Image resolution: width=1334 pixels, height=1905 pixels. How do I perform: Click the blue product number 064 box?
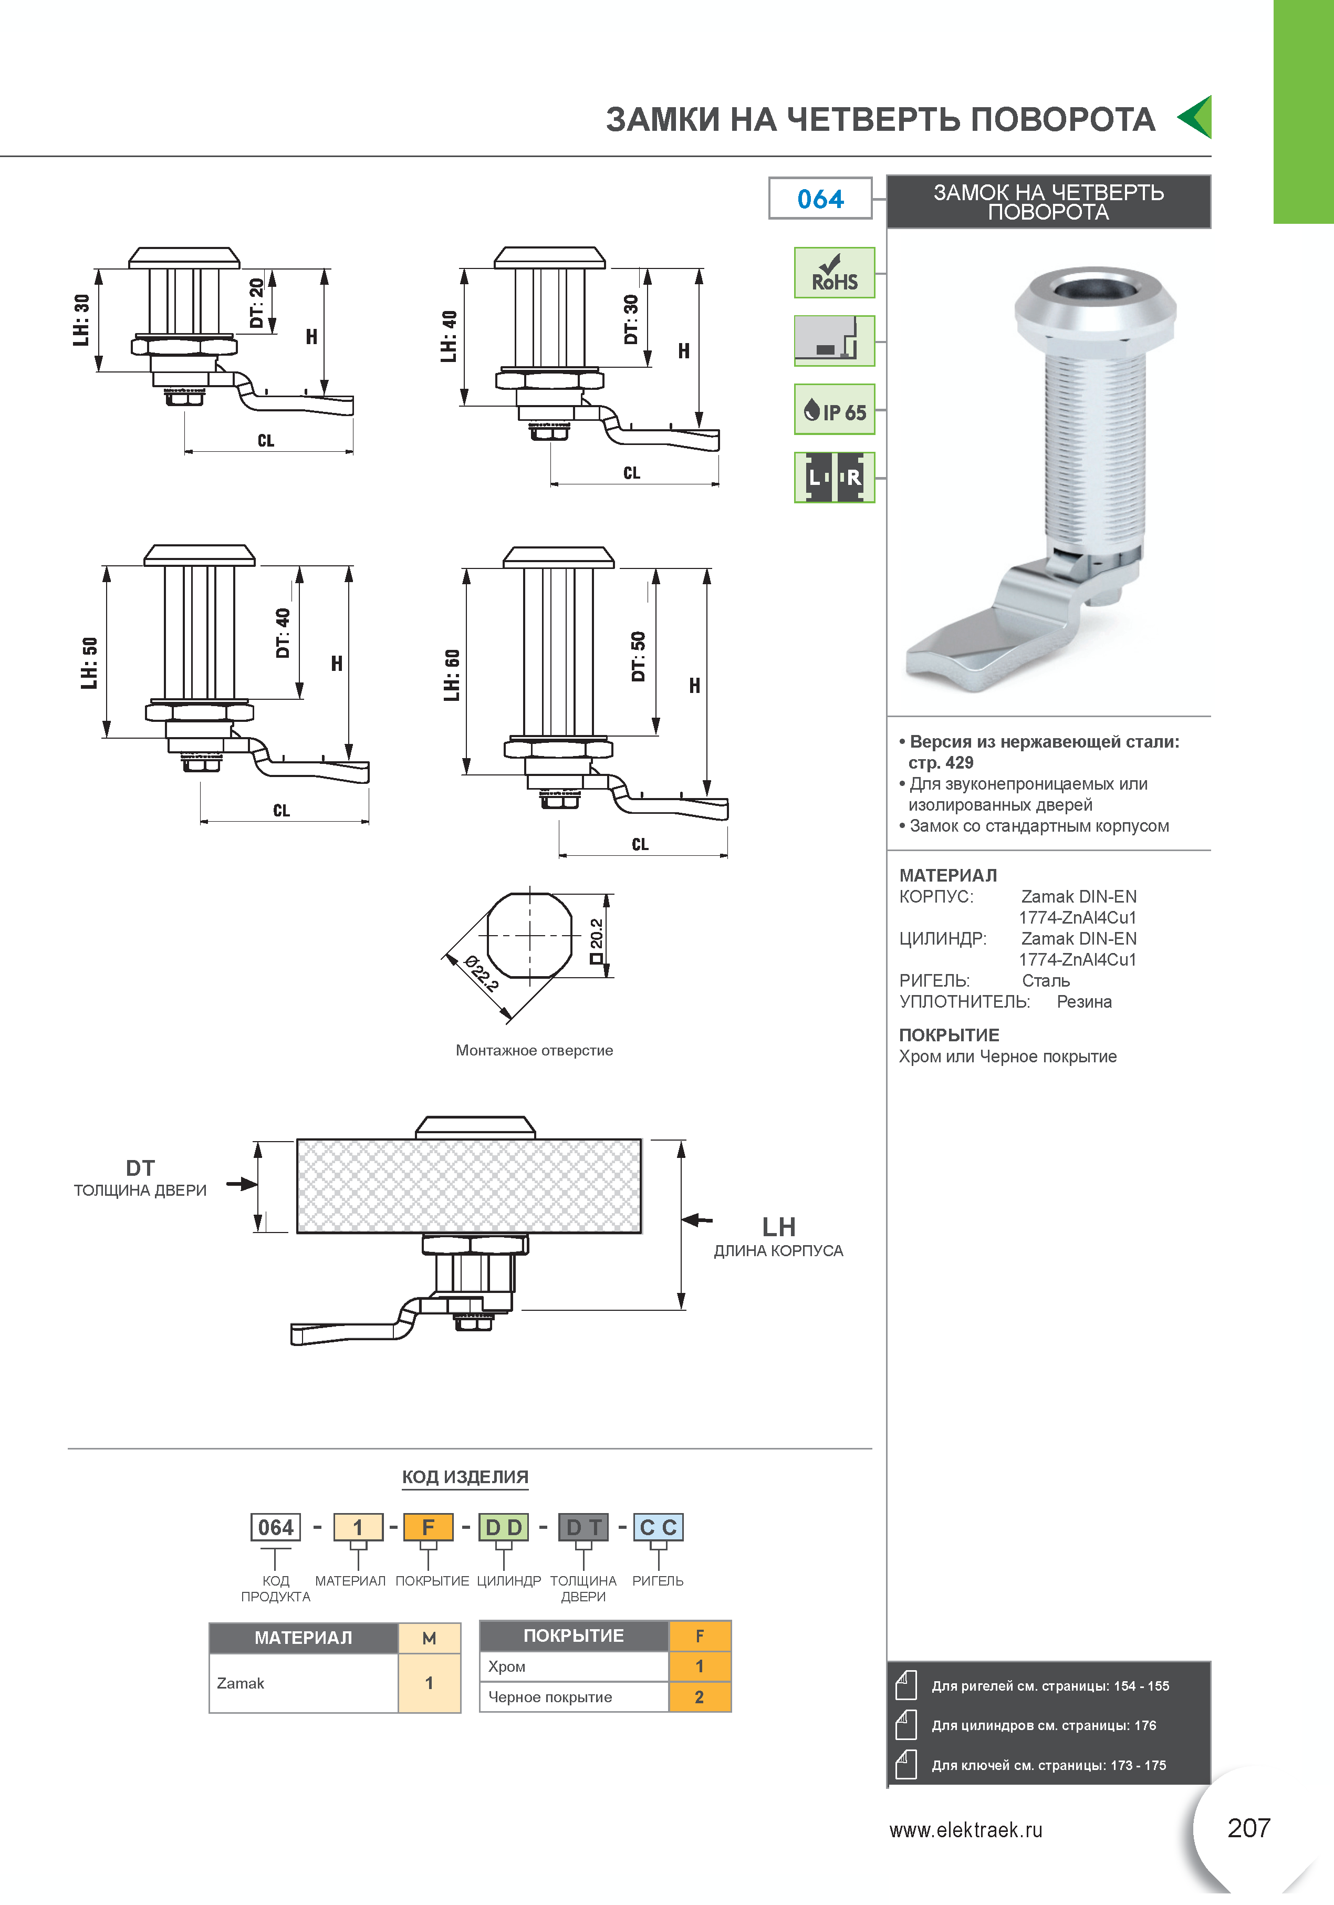820,198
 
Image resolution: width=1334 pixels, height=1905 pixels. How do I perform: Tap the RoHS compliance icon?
834,272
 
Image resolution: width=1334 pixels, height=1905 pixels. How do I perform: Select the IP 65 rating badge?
834,409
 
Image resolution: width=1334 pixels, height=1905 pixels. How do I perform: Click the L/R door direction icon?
834,477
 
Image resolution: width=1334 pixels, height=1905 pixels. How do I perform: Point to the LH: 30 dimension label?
81,320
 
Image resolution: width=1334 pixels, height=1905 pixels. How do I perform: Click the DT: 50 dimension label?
638,656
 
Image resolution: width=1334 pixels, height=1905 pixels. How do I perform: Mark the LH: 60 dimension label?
451,675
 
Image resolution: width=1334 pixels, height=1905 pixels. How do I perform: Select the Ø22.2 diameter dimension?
481,974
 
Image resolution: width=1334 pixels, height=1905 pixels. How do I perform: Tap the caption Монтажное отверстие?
534,1050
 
